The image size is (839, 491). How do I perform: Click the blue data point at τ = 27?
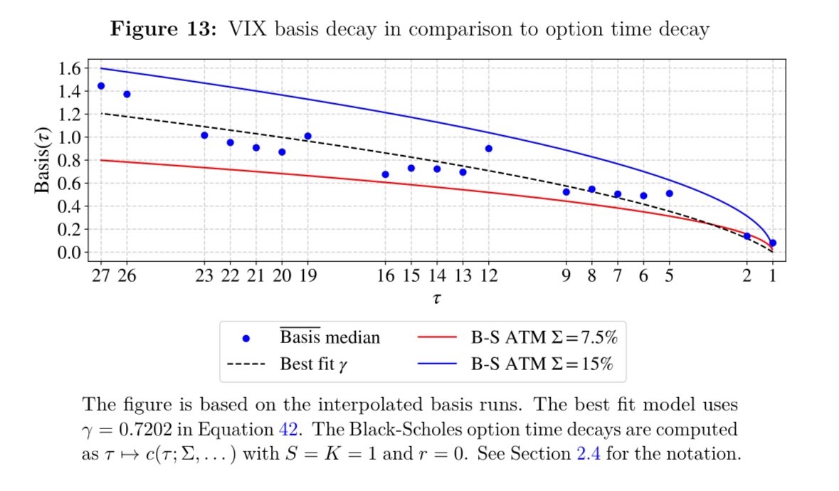101,86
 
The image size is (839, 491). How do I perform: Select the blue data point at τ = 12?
489,149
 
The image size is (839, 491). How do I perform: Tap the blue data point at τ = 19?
308,136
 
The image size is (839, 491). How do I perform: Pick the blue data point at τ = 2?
747,236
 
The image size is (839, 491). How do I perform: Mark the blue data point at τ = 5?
670,194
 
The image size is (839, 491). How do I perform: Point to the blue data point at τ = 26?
127,94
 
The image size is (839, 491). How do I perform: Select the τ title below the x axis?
436,300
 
